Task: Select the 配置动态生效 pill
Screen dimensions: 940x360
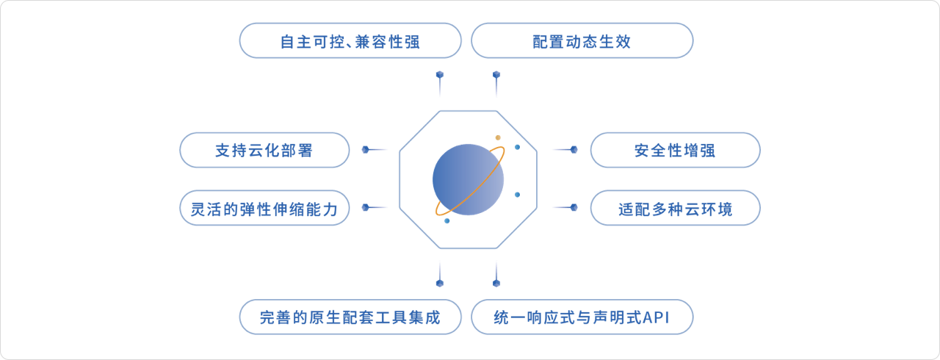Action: pos(582,40)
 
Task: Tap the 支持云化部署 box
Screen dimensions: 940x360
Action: pos(264,150)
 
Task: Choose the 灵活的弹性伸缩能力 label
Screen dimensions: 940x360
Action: pos(264,208)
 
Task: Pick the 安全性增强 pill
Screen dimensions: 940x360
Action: pos(675,150)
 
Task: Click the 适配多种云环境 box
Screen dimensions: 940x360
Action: pos(675,208)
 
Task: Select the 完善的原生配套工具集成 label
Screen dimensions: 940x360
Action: pos(350,317)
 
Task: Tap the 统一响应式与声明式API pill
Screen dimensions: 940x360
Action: pos(582,317)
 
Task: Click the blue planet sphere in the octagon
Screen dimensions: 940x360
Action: pos(469,179)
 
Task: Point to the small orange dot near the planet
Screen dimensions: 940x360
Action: pos(498,137)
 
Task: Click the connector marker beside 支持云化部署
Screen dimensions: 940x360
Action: pos(366,149)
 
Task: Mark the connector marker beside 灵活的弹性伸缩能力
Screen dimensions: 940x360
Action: pos(366,207)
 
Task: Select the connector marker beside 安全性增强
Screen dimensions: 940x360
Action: pos(574,149)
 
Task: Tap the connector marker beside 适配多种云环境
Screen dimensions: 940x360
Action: pos(574,207)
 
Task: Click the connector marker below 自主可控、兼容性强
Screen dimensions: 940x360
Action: pos(440,75)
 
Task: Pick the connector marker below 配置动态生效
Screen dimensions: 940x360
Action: pos(496,75)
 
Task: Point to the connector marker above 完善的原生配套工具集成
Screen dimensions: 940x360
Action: pos(440,283)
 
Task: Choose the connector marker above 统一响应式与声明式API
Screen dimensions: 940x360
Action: pos(496,283)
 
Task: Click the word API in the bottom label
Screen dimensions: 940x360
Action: pos(656,317)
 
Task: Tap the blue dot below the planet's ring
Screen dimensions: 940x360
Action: pos(447,220)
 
